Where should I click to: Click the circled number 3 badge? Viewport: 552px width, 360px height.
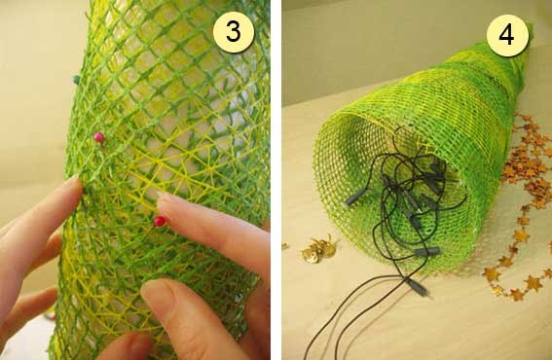coord(234,32)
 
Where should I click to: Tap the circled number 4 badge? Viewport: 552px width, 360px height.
coord(507,35)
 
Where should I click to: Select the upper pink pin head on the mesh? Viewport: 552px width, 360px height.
coord(99,137)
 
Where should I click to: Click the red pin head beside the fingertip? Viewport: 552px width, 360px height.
coord(160,221)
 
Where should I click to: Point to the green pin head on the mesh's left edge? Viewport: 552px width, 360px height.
coord(76,80)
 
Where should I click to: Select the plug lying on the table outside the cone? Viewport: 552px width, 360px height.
coord(418,287)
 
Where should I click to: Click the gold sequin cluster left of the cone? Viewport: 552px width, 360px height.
coord(318,250)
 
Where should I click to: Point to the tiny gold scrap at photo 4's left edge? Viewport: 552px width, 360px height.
coord(285,246)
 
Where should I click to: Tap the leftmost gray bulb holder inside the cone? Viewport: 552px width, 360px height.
coord(356,196)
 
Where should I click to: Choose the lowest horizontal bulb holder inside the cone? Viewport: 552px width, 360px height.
coord(426,252)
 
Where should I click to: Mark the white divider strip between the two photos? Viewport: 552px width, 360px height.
coord(276,180)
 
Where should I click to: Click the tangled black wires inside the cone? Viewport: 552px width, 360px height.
coord(408,198)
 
